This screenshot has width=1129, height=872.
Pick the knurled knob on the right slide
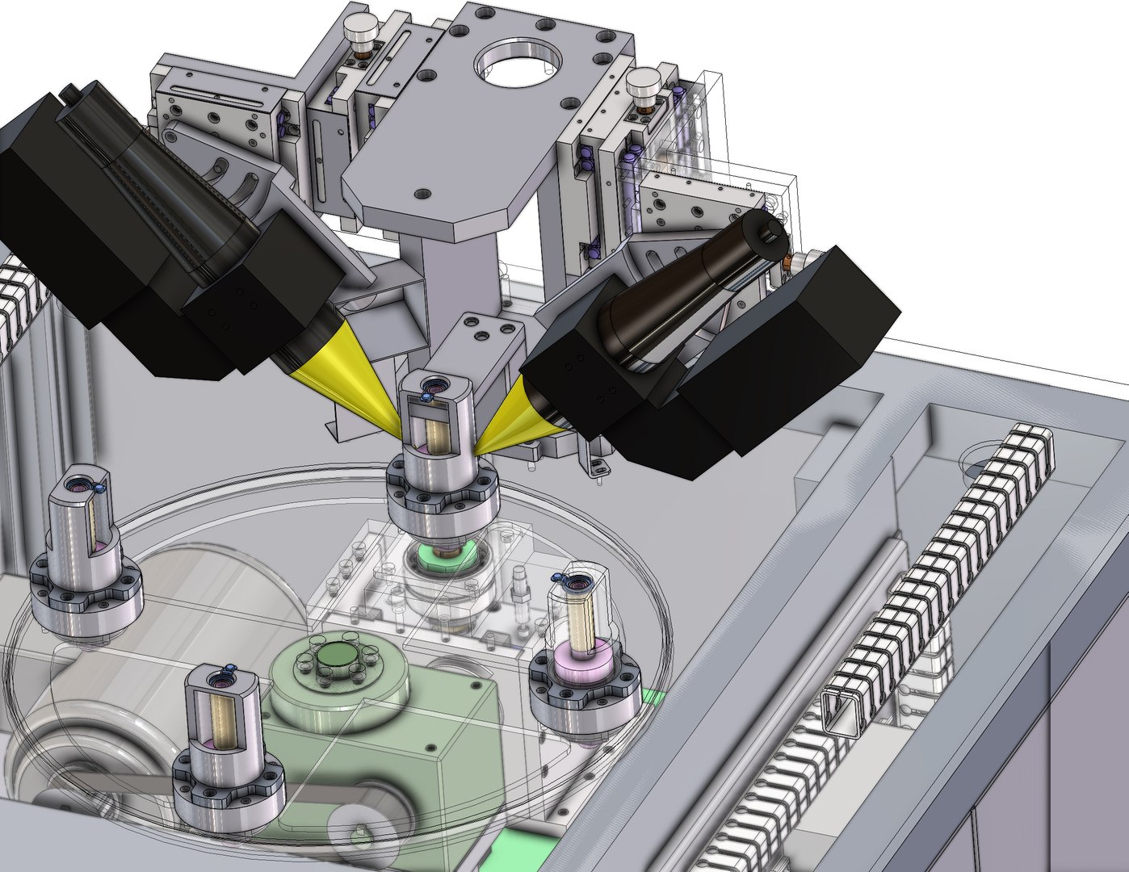644,84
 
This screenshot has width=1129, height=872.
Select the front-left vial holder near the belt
221,715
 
